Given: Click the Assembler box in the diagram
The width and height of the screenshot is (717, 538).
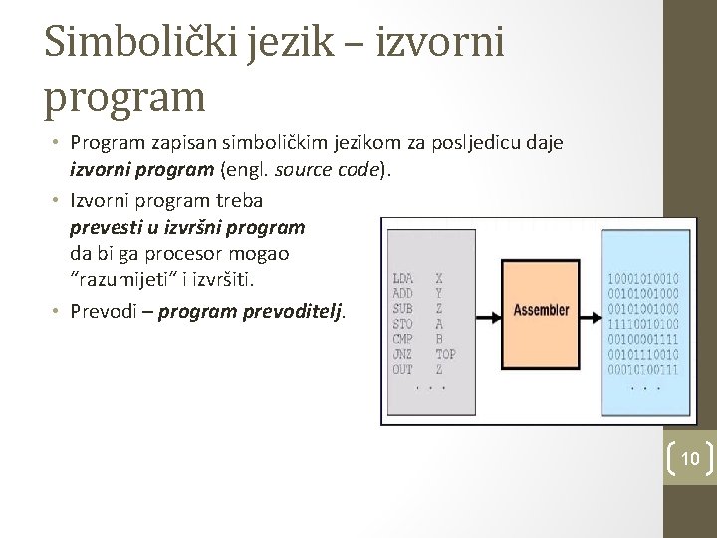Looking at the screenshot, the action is coord(541,310).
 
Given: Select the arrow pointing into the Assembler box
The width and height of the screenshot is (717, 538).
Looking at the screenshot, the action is coord(493,310).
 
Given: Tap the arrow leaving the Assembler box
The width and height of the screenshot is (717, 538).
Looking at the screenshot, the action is coord(589,310).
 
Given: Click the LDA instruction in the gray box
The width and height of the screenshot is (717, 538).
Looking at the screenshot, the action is coord(403,278).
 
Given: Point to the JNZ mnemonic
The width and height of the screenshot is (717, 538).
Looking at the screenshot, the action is coord(403,354).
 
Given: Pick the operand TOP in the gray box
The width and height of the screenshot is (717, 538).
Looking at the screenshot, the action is coord(445,354).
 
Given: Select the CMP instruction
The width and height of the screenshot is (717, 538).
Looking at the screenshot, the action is coord(403,339).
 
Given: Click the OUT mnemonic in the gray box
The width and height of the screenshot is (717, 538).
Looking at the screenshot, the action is coord(403,369).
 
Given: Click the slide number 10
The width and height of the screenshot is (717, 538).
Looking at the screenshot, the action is coord(689,458).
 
